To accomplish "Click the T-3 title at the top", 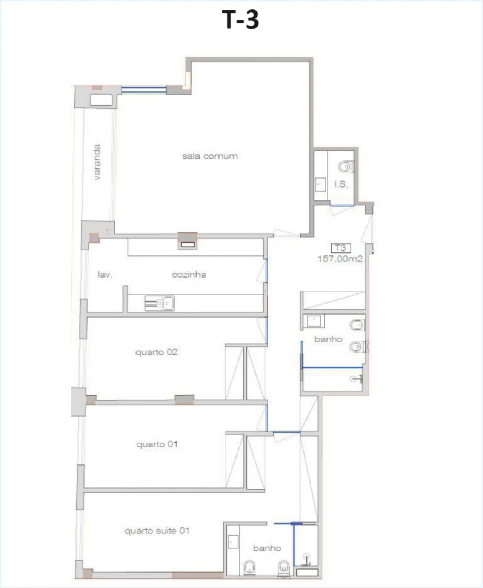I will pyautogui.click(x=240, y=20).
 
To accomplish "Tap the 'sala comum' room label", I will pyautogui.click(x=210, y=156).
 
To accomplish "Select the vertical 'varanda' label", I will pyautogui.click(x=97, y=162).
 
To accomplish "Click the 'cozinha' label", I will pyautogui.click(x=189, y=274).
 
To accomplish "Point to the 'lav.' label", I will pyautogui.click(x=105, y=274).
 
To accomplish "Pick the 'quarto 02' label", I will pyautogui.click(x=156, y=352).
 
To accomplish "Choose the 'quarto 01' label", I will pyautogui.click(x=157, y=444).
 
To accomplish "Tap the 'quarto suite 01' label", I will pyautogui.click(x=157, y=531).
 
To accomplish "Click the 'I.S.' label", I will pyautogui.click(x=341, y=184).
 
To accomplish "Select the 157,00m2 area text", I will pyautogui.click(x=340, y=259).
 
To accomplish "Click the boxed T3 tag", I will pyautogui.click(x=341, y=248).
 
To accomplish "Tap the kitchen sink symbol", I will pyautogui.click(x=160, y=303).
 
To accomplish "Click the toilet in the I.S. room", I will pyautogui.click(x=346, y=166).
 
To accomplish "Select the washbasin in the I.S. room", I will pyautogui.click(x=320, y=184).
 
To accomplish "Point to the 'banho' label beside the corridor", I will pyautogui.click(x=328, y=339).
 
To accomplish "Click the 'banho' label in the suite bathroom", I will pyautogui.click(x=267, y=548).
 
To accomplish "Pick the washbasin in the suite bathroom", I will pyautogui.click(x=233, y=542).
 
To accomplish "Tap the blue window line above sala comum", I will pyautogui.click(x=143, y=90).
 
